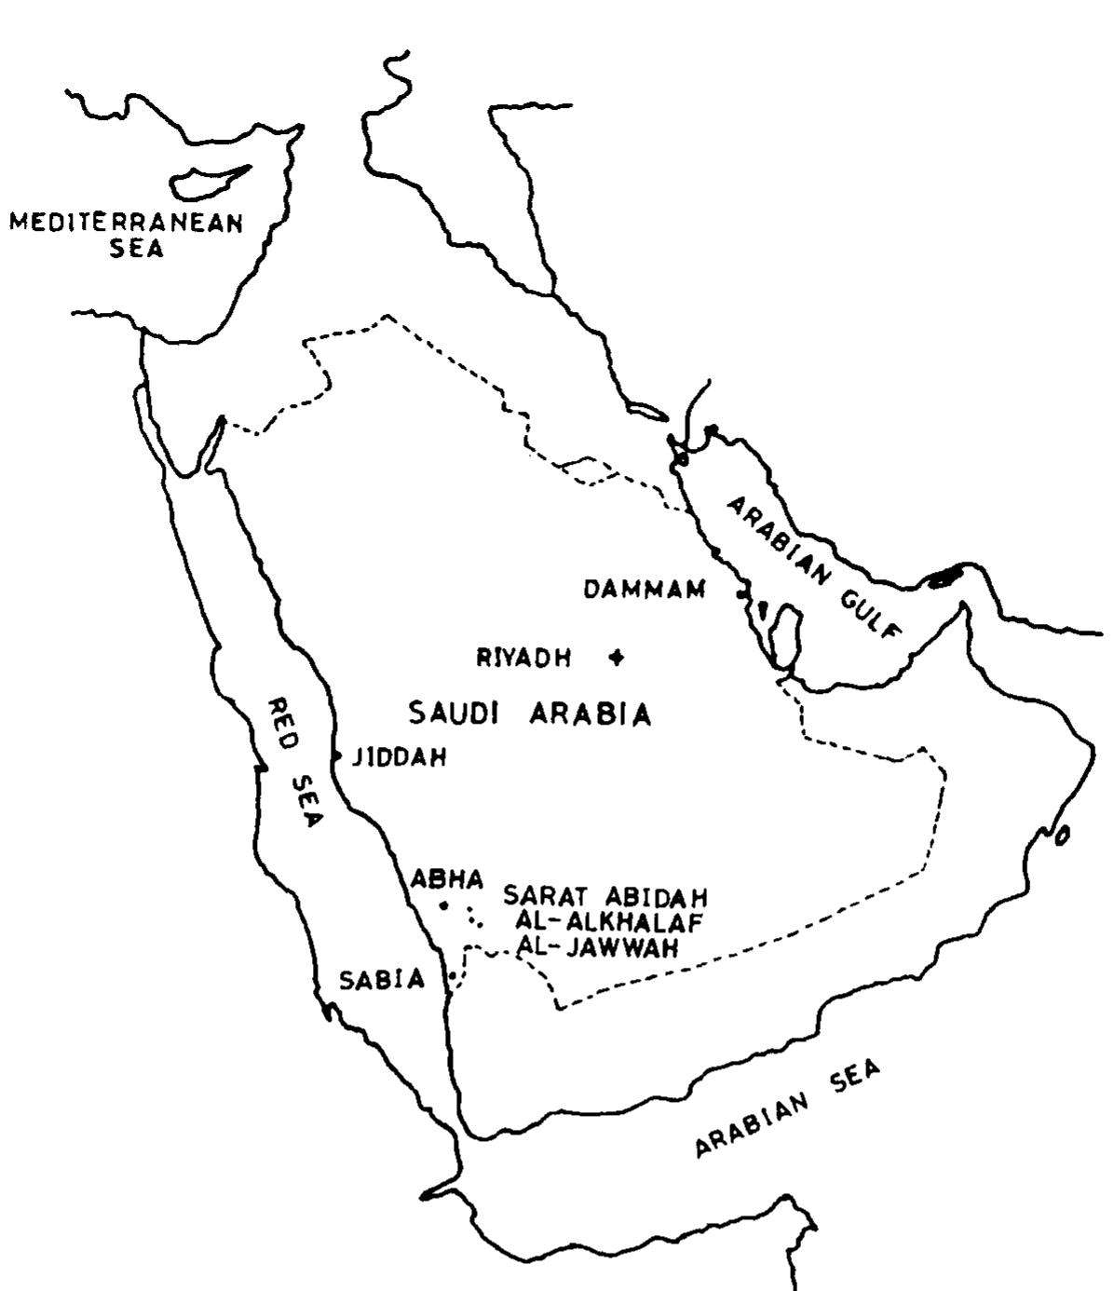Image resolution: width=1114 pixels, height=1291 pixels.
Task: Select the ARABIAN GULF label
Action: click(x=814, y=567)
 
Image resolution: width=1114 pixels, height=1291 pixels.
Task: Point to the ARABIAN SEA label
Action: click(x=787, y=1109)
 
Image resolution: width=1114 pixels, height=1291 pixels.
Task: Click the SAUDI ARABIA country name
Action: click(x=529, y=714)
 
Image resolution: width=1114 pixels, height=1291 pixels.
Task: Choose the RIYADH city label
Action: click(x=524, y=659)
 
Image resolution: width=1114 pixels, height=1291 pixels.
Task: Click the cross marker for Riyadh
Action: click(x=615, y=658)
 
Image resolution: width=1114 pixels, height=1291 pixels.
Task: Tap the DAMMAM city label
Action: click(x=645, y=590)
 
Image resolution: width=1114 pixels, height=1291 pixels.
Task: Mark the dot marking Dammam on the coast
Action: click(x=741, y=593)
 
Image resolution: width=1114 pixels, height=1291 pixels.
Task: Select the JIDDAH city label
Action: click(x=399, y=758)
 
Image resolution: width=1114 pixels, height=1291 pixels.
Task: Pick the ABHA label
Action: click(x=447, y=879)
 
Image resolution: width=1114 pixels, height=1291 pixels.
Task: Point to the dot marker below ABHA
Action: click(x=444, y=905)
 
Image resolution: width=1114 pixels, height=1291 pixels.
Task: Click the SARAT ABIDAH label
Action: click(x=605, y=897)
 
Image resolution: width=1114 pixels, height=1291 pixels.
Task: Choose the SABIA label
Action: click(x=382, y=979)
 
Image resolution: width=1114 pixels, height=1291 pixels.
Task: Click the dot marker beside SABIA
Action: click(x=452, y=975)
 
